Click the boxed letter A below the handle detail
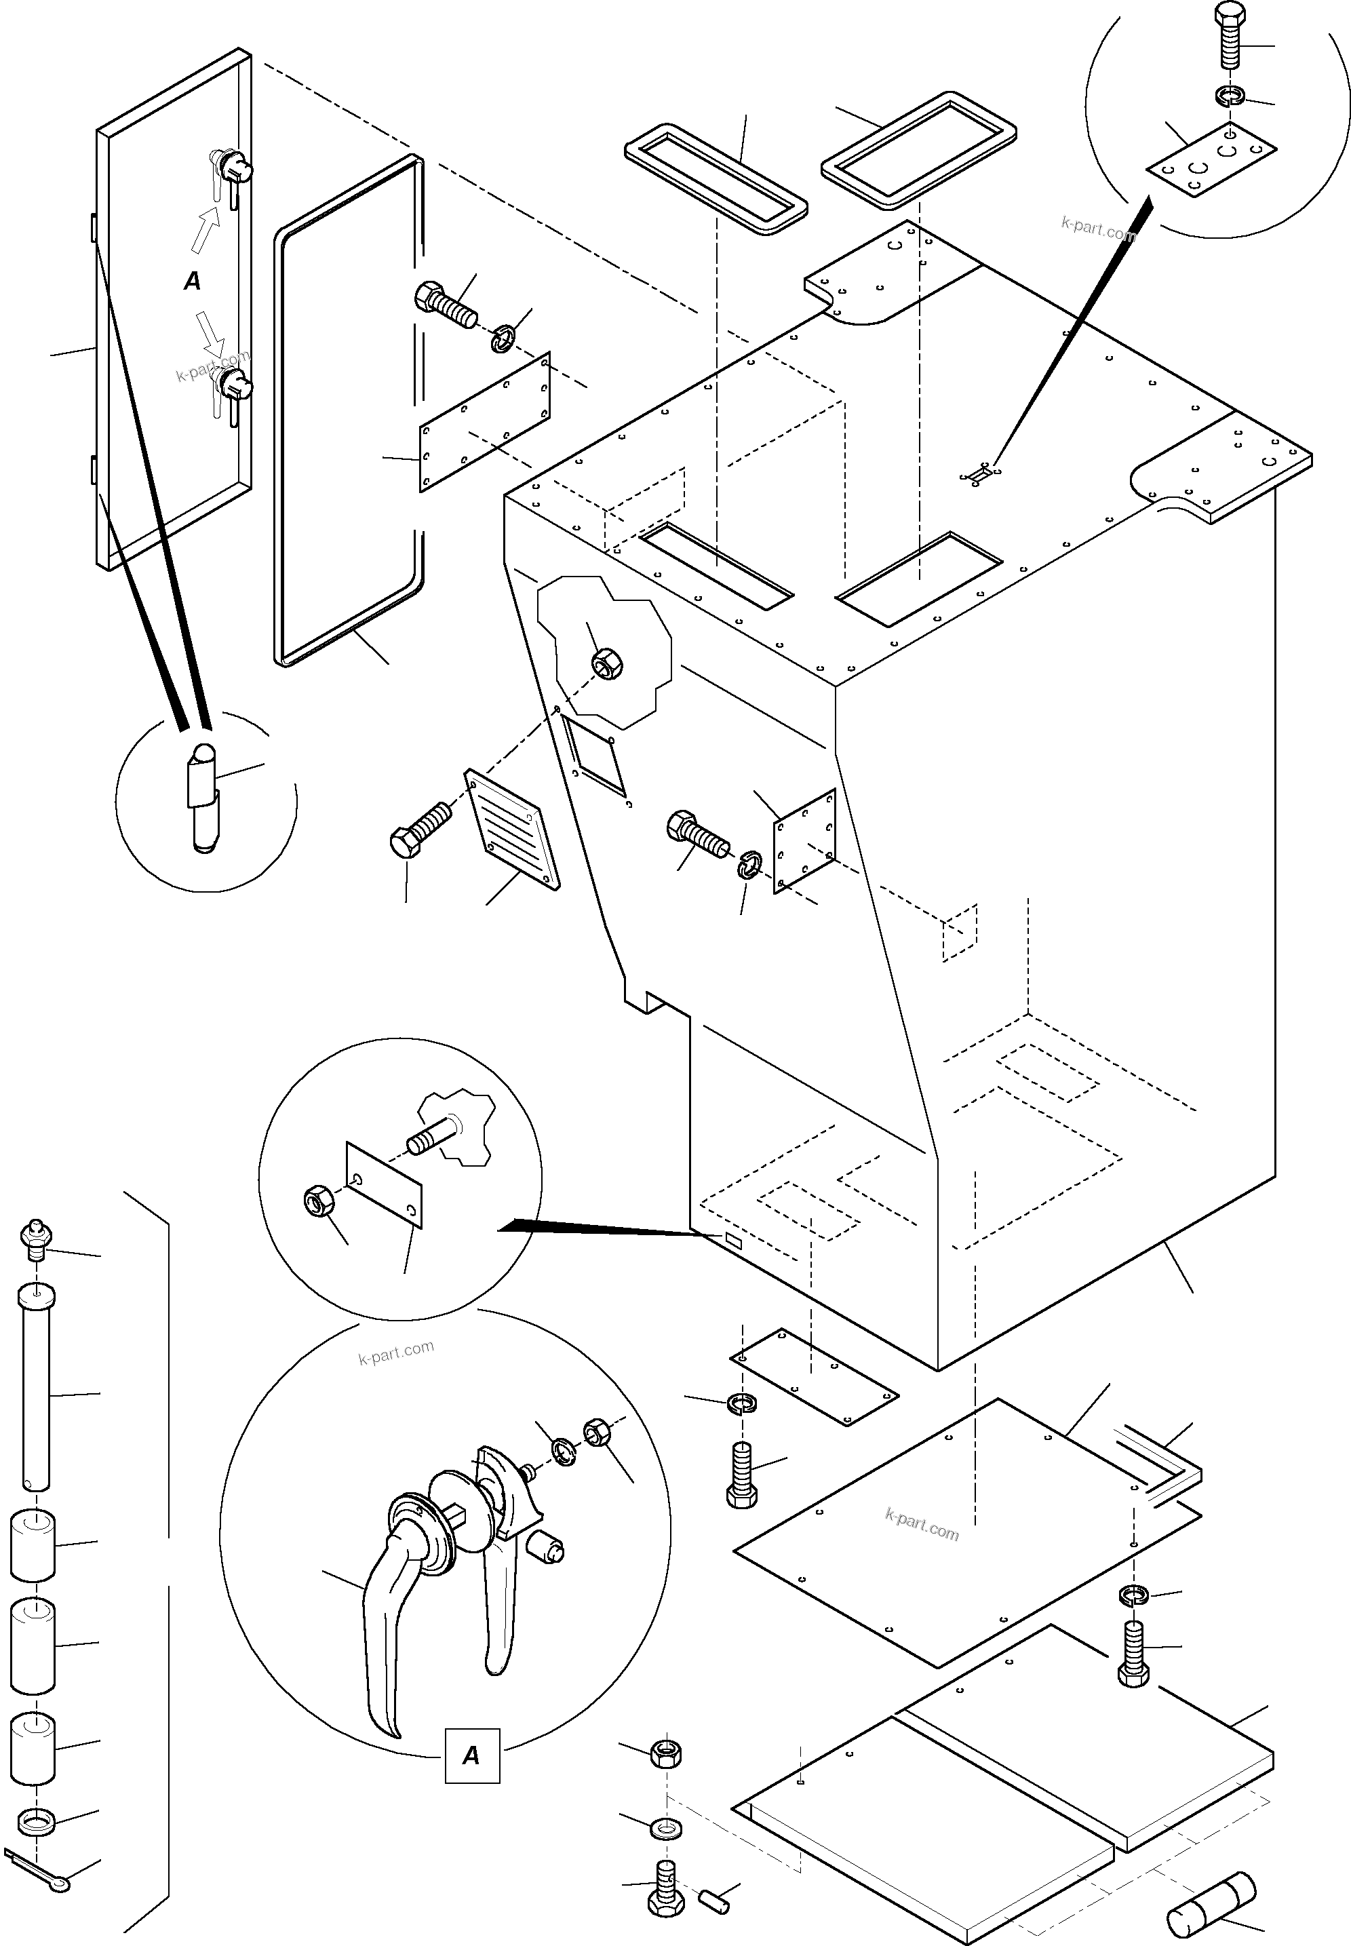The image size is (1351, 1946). tap(471, 1755)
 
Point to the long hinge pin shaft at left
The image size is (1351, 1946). tap(34, 1389)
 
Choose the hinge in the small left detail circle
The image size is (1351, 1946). tap(201, 798)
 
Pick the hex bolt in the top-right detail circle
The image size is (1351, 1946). tap(1228, 35)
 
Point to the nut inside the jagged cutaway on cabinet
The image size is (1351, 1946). tap(606, 663)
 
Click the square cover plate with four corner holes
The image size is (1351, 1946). tap(804, 840)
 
